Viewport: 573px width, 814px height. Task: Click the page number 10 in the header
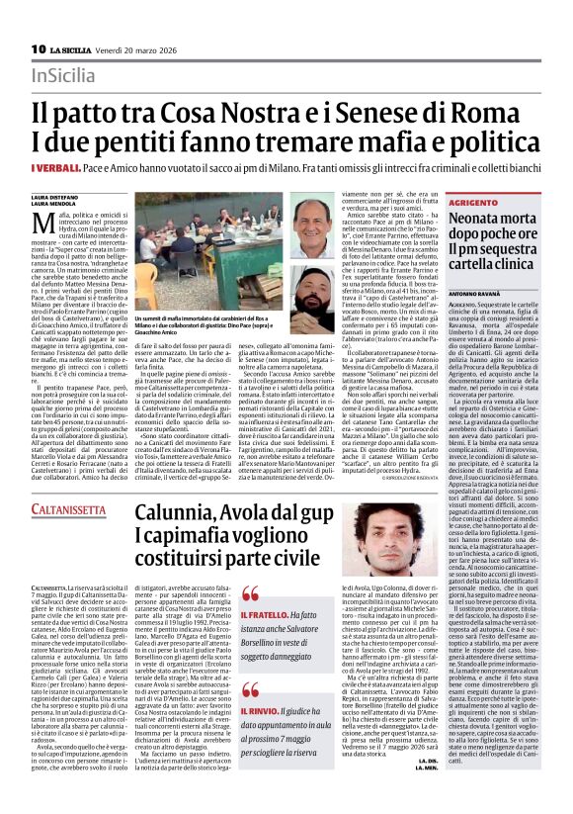[39, 48]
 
